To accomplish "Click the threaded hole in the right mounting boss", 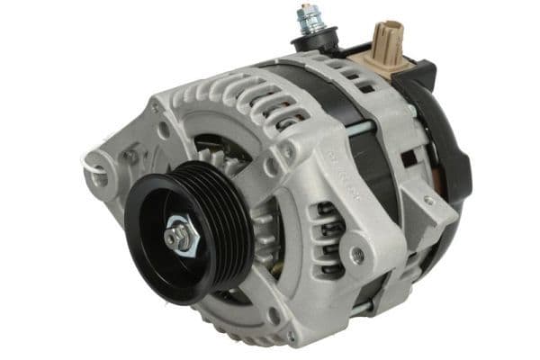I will [x=359, y=256].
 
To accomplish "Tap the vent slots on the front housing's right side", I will [x=327, y=233].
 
